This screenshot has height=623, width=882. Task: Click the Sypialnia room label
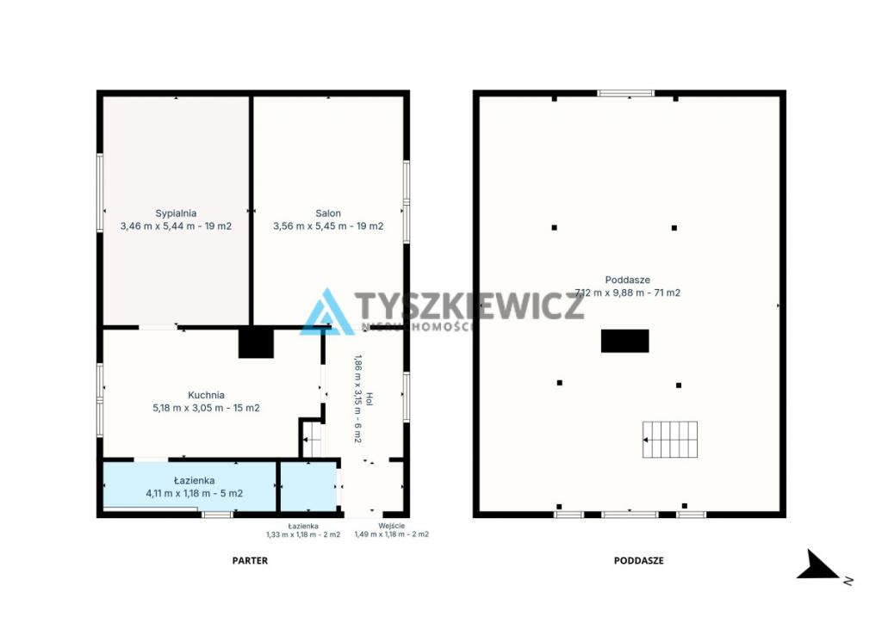coord(176,213)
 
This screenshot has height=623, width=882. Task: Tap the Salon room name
coord(328,213)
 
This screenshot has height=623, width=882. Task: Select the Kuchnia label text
coord(206,395)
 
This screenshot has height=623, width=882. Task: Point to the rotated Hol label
coord(370,399)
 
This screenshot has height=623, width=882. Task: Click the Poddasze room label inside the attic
coord(627,280)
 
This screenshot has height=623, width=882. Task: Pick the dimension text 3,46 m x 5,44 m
coord(160,226)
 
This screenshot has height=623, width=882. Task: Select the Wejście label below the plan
coord(392,527)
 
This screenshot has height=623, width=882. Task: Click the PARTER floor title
coord(250,561)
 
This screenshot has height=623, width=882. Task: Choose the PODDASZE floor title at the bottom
coord(638,561)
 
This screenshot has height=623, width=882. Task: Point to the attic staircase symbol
coord(670,440)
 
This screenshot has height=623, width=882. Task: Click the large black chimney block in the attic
coord(625,341)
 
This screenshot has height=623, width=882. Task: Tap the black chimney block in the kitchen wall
coord(256,342)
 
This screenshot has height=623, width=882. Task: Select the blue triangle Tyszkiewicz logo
coord(326,312)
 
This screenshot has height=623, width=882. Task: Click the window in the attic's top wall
coord(625,93)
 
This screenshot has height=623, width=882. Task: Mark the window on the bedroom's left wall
coord(100,192)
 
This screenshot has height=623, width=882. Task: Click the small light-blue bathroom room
coord(309,486)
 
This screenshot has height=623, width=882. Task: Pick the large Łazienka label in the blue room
coord(194,481)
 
